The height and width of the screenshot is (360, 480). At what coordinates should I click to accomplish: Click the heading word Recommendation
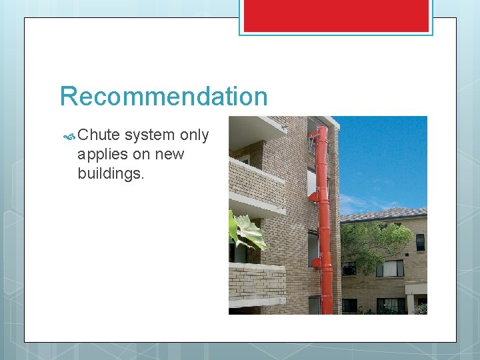[x=163, y=97]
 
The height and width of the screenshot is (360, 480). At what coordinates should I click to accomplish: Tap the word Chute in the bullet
[x=99, y=135]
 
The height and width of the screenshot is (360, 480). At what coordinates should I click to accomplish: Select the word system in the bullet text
[x=150, y=135]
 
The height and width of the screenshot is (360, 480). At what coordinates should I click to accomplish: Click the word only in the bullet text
[x=195, y=135]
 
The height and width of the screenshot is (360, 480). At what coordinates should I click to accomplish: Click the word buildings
[x=110, y=173]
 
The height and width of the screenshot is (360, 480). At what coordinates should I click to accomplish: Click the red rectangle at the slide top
[x=336, y=15]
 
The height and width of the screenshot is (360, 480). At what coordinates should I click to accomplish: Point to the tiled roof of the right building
[x=383, y=215]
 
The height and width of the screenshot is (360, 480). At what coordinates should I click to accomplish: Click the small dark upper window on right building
[x=420, y=242]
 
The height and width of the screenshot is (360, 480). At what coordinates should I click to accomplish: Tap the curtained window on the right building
[x=390, y=269]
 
